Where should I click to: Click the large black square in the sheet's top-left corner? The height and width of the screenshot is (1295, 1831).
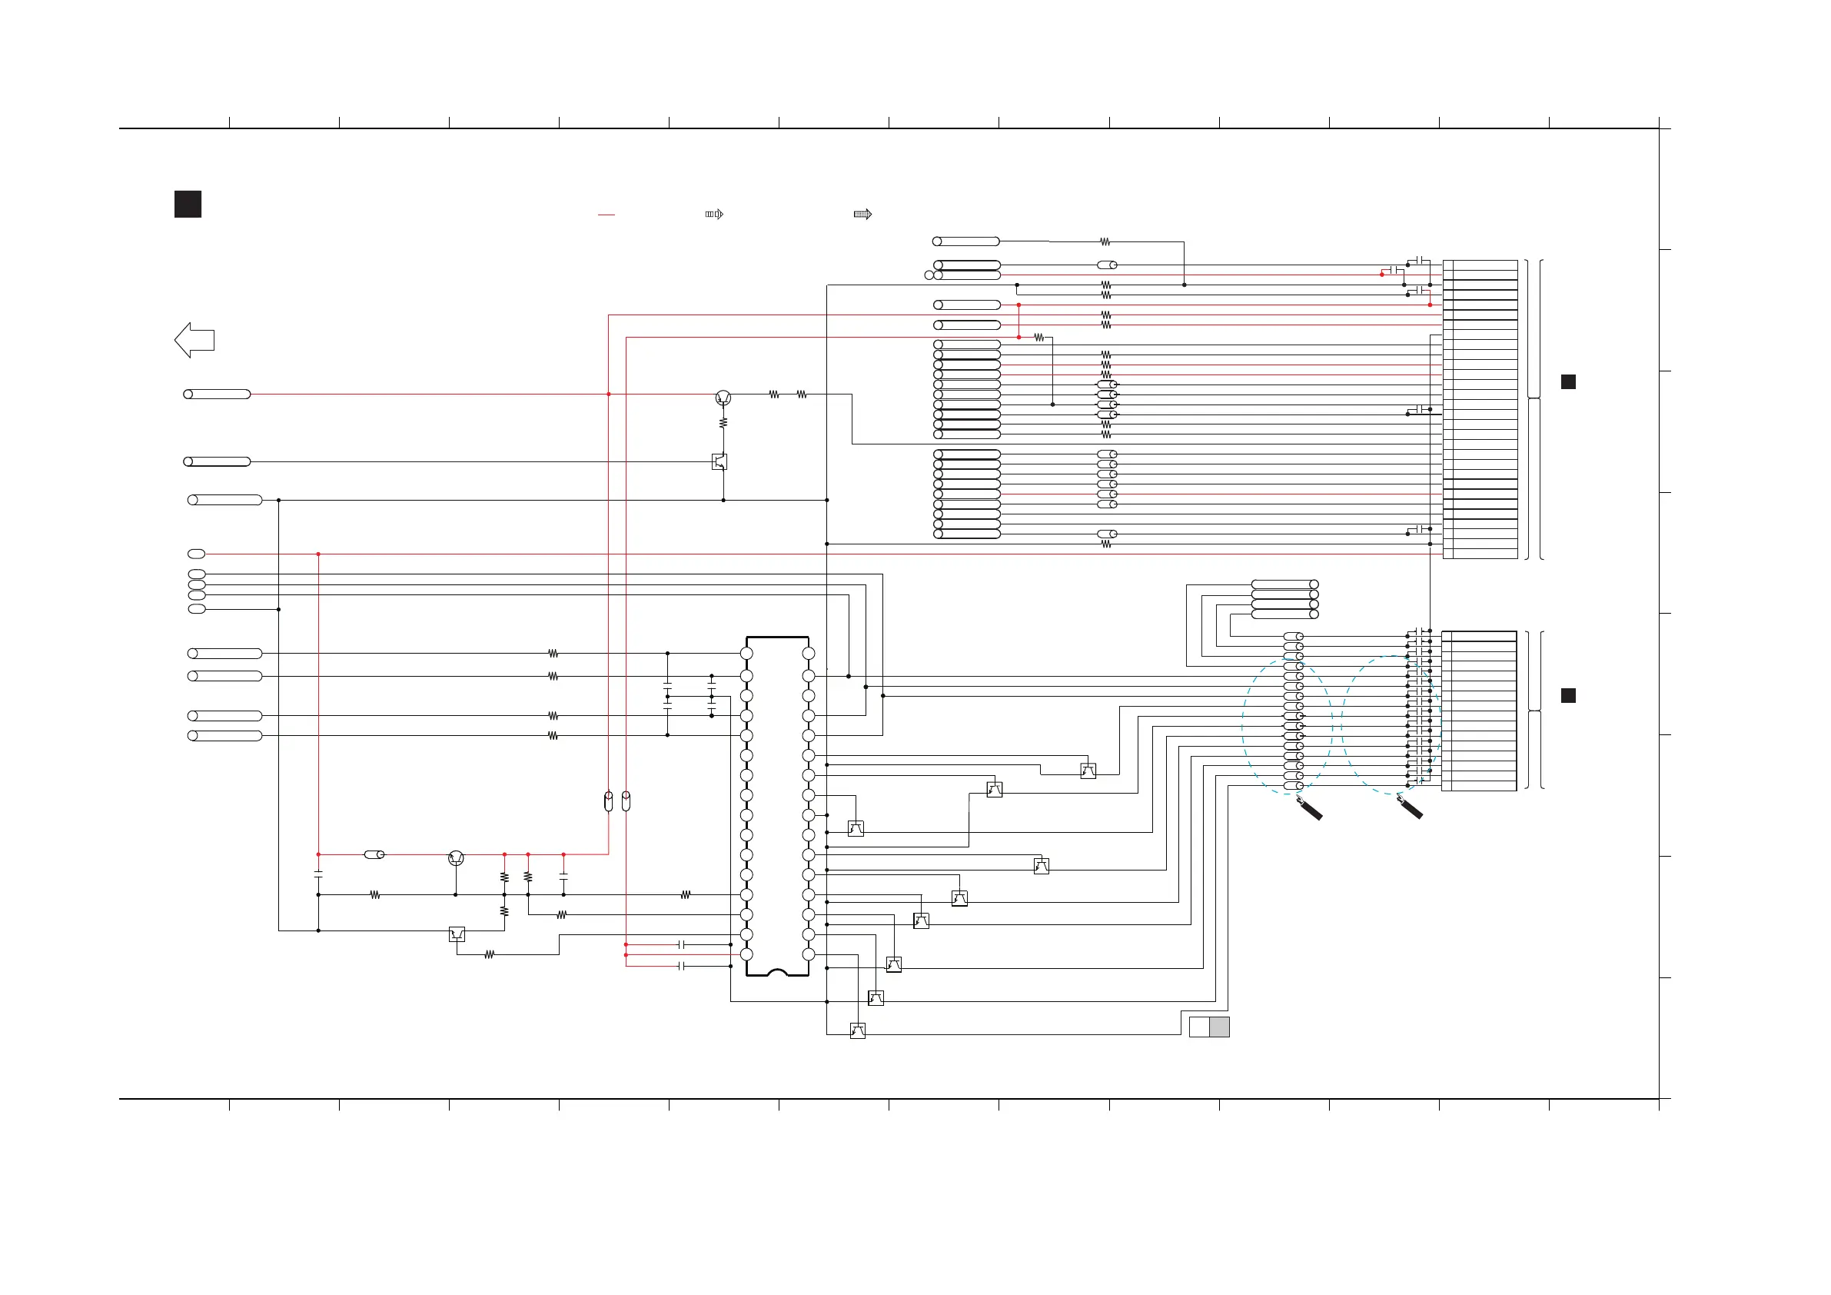tap(188, 205)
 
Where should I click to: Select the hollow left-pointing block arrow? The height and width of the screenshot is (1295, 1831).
tap(194, 340)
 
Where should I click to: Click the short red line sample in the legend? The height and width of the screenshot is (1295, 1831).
tap(606, 215)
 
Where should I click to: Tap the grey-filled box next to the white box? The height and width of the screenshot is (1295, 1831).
tap(1219, 1027)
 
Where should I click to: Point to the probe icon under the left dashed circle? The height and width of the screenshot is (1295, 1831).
tap(1310, 808)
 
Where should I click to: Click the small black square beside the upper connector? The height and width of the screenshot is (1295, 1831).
tap(1568, 381)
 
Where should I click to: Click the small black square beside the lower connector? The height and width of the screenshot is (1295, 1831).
tap(1568, 696)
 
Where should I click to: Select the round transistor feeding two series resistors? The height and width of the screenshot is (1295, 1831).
tap(723, 397)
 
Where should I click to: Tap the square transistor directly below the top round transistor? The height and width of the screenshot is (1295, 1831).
tap(719, 461)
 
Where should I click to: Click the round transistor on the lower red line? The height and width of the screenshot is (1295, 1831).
tap(456, 857)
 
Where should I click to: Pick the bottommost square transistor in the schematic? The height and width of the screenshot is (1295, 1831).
tap(858, 1031)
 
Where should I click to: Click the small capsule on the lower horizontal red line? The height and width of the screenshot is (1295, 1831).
tap(374, 854)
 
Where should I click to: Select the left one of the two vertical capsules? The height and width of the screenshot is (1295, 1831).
tap(609, 801)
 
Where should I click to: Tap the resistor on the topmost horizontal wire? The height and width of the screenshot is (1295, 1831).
tap(1105, 241)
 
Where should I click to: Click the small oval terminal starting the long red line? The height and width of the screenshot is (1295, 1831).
tap(196, 554)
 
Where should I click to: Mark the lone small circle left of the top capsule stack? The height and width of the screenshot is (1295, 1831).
tap(929, 275)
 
